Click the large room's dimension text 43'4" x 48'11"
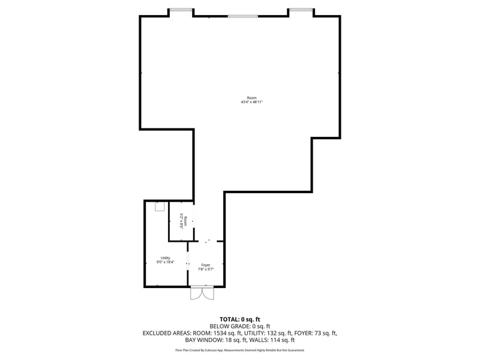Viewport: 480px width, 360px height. [251, 102]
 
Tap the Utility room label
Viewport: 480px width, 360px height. [165, 258]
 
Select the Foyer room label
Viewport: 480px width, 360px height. [206, 265]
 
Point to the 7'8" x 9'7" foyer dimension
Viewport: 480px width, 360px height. [206, 269]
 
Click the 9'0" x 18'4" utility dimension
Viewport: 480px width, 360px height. [165, 262]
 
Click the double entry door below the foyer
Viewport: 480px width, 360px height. [202, 293]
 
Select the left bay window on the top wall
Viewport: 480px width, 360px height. [181, 10]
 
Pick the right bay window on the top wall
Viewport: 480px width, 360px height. [301, 10]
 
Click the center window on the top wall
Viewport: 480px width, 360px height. [243, 16]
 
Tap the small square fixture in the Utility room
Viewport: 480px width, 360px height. [160, 206]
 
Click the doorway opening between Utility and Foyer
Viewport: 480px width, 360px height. [188, 263]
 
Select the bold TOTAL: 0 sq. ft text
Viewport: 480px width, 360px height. [240, 319]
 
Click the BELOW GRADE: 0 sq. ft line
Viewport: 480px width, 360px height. [240, 326]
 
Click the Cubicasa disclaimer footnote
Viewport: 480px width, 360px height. [240, 350]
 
